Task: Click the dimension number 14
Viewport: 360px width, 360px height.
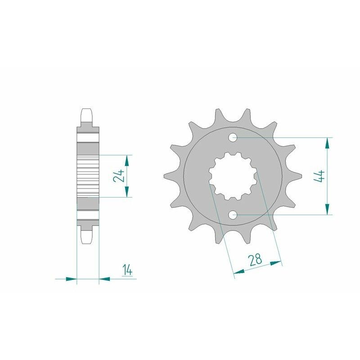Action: pyautogui.click(x=127, y=270)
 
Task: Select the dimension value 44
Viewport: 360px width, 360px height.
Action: pyautogui.click(x=320, y=176)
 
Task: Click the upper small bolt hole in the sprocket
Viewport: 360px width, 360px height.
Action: pyautogui.click(x=234, y=137)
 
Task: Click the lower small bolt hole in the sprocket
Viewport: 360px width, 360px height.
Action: pyautogui.click(x=234, y=215)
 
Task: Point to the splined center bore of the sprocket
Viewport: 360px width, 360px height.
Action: pyautogui.click(x=233, y=176)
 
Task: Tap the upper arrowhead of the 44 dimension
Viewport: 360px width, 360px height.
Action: pyautogui.click(x=327, y=143)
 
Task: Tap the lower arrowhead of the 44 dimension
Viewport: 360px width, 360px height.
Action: pyautogui.click(x=327, y=209)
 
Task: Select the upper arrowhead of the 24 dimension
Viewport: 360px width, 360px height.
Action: pyautogui.click(x=127, y=161)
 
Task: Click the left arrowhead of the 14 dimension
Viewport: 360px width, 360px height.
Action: pyautogui.click(x=71, y=279)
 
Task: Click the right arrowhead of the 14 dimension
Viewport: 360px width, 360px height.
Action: pyautogui.click(x=104, y=279)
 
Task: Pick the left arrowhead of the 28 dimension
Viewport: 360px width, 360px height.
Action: pyautogui.click(x=239, y=272)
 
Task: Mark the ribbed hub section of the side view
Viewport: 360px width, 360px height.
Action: pyautogui.click(x=87, y=176)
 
